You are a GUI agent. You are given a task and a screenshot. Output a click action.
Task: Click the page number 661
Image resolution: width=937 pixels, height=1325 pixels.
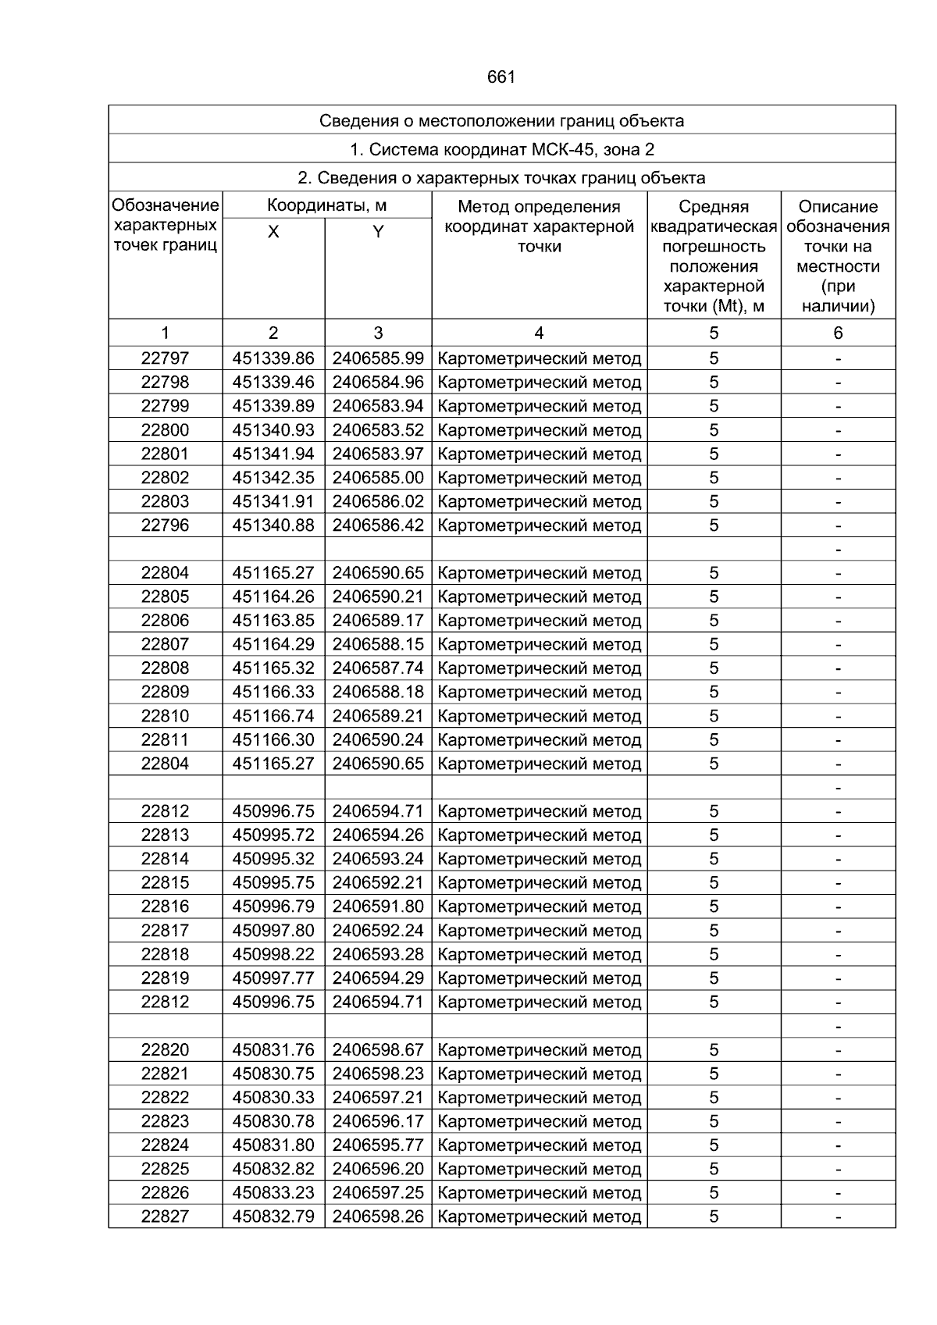[501, 77]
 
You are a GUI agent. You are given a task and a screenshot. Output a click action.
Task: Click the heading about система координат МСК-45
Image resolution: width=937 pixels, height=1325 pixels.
[501, 149]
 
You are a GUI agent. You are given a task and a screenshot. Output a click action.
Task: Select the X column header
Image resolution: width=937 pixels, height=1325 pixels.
[273, 232]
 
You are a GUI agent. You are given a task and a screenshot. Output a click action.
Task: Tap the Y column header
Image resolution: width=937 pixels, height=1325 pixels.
[378, 232]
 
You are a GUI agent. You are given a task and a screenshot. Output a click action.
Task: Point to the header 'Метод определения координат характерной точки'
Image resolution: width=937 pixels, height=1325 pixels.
[539, 226]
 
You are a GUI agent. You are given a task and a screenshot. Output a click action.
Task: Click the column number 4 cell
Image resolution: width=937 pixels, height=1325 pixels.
[539, 333]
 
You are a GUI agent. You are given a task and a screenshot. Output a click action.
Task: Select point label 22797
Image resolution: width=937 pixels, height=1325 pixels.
[165, 358]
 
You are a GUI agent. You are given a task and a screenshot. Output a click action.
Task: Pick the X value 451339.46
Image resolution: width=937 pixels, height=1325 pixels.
[273, 383]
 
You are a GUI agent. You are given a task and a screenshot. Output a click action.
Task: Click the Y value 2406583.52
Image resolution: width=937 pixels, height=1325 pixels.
[378, 430]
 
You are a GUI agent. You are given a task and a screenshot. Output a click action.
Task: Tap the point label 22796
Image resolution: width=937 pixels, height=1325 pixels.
[165, 525]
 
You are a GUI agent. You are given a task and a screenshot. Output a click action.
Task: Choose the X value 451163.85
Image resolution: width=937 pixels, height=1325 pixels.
[273, 621]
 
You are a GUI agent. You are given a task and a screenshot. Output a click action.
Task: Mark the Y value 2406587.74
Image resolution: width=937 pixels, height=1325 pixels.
[378, 668]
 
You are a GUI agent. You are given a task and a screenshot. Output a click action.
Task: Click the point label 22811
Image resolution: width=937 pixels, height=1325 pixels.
[165, 739]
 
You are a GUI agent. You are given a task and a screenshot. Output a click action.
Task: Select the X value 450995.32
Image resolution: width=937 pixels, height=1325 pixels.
[273, 859]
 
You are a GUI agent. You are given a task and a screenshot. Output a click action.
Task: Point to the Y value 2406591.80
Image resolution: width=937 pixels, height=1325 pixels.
[378, 906]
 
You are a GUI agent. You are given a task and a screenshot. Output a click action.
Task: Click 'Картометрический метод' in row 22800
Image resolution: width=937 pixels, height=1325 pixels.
[540, 430]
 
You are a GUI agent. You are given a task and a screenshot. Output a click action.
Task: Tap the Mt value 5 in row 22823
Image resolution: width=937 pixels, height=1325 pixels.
[714, 1121]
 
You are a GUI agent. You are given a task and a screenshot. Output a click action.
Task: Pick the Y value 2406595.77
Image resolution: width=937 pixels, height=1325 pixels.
[378, 1145]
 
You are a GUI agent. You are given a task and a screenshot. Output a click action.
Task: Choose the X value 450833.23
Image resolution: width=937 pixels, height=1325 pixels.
[273, 1193]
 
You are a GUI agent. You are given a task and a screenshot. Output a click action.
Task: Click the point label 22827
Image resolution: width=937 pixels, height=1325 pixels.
[165, 1216]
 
